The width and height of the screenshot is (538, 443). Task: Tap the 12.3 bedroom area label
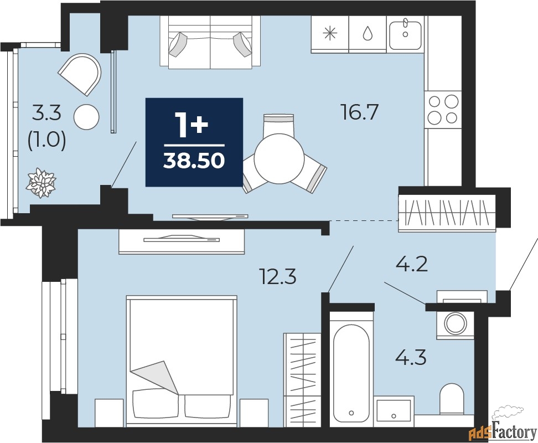coord(278,276)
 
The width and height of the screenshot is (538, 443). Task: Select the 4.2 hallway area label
coord(411,264)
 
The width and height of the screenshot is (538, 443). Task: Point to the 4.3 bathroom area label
coord(411,357)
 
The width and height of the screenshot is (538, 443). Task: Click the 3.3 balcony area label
coord(46,113)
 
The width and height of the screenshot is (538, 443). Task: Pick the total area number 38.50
coord(194,160)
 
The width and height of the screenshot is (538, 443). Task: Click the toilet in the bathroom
coord(452,399)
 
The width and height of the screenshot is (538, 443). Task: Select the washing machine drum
coord(455,323)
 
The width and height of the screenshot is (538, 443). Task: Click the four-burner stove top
coord(443,110)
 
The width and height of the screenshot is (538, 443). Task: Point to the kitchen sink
coord(405,35)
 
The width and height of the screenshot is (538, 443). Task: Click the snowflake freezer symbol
coord(330,33)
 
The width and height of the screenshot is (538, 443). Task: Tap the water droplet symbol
coord(368,34)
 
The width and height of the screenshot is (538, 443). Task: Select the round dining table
coord(280,158)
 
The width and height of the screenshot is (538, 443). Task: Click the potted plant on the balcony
coord(41,183)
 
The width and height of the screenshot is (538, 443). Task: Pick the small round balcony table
coord(86,117)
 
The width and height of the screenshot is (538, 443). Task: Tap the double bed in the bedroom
coord(182,362)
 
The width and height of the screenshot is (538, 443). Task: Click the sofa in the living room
coord(210,42)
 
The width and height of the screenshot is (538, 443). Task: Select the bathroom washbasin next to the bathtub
coord(394,411)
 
